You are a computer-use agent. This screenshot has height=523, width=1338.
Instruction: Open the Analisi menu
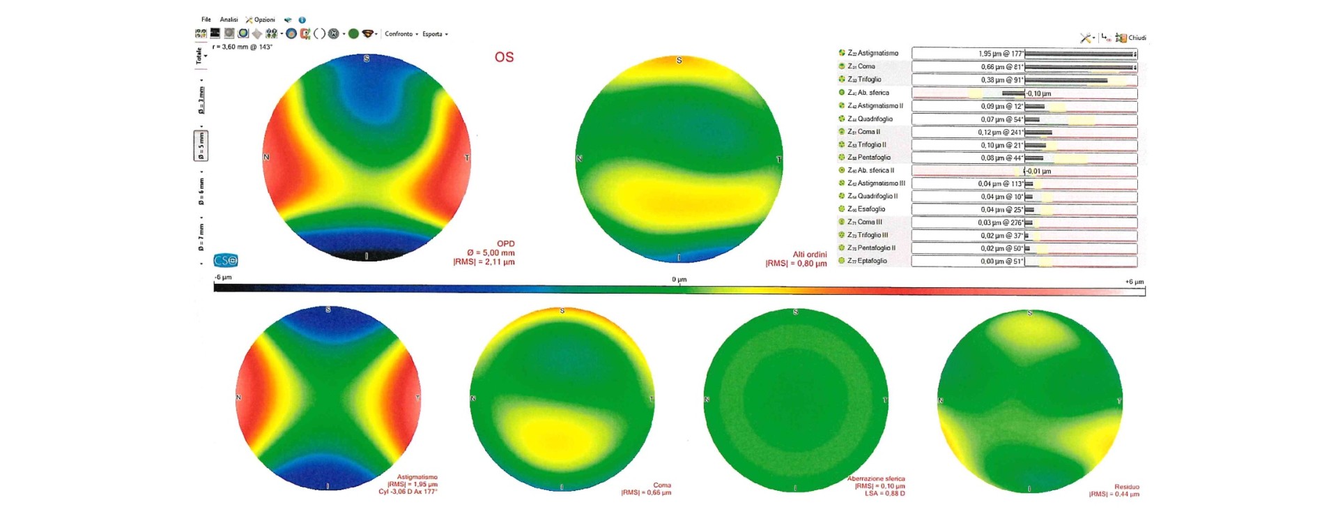[229, 20]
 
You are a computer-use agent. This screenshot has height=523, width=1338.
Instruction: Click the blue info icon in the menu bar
[302, 20]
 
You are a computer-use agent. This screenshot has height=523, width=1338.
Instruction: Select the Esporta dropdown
[434, 33]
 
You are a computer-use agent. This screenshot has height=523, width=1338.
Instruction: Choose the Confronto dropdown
[401, 33]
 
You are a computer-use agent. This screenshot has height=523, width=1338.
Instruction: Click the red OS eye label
[504, 57]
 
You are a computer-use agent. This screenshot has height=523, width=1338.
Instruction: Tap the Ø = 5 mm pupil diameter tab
[201, 145]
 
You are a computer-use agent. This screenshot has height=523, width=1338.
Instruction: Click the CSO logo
[226, 260]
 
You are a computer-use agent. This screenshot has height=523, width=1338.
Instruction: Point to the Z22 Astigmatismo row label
[872, 53]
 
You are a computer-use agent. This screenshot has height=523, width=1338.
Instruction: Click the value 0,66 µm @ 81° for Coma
[1001, 67]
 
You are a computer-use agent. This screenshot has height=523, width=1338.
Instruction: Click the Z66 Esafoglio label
[866, 209]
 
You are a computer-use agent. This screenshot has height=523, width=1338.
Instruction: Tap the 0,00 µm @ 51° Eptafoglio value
[1001, 261]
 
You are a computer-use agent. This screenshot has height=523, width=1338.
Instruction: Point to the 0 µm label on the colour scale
[679, 280]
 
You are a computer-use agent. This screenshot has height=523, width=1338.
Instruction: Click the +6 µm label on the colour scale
[1134, 282]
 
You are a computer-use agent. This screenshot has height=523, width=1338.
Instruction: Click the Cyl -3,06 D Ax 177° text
[408, 492]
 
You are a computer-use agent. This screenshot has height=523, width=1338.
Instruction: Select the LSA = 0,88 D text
[884, 494]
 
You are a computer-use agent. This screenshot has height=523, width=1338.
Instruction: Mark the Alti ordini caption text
[809, 255]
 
